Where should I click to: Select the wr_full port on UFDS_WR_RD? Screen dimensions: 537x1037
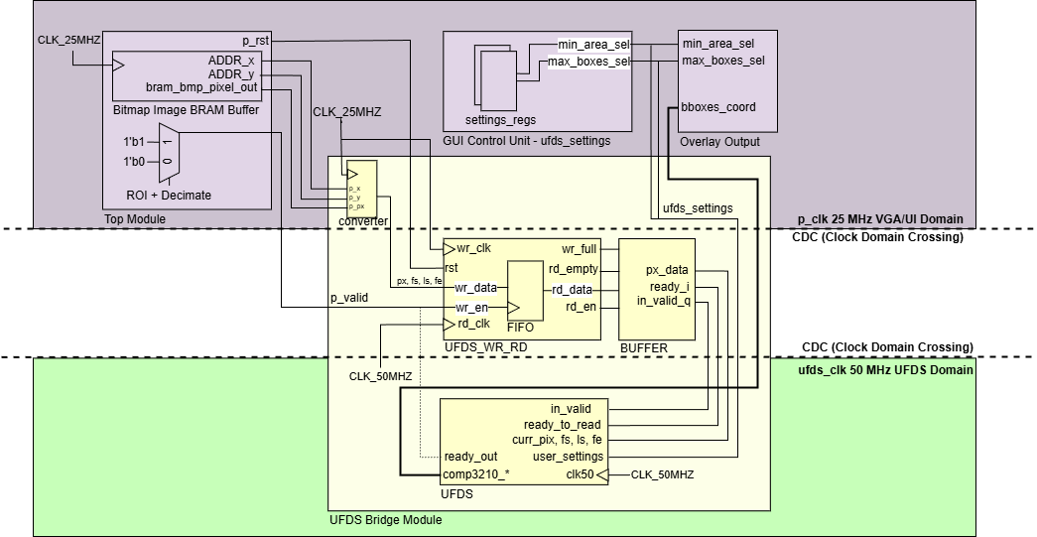[580, 248]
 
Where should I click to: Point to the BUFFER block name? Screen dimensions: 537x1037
[644, 347]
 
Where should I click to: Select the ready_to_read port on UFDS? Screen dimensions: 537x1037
[563, 425]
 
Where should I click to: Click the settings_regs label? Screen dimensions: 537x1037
[494, 119]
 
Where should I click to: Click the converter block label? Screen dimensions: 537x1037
[362, 220]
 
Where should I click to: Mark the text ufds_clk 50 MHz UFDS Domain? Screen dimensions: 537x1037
[885, 369]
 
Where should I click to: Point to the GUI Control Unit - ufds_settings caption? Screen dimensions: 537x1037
[527, 141]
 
